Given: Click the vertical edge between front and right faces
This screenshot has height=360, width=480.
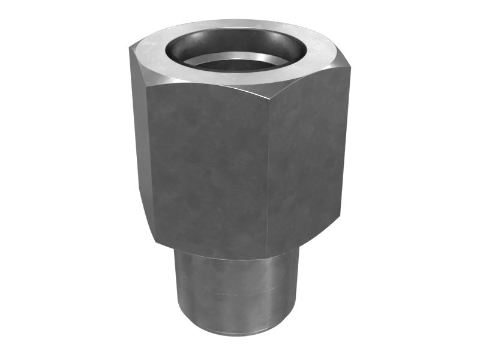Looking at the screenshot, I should [268, 174].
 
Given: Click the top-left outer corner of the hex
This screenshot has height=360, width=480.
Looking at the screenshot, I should [130, 48].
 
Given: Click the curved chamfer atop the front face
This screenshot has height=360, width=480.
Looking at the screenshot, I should [204, 84].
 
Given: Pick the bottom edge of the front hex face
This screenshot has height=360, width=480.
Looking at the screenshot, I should [210, 252].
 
